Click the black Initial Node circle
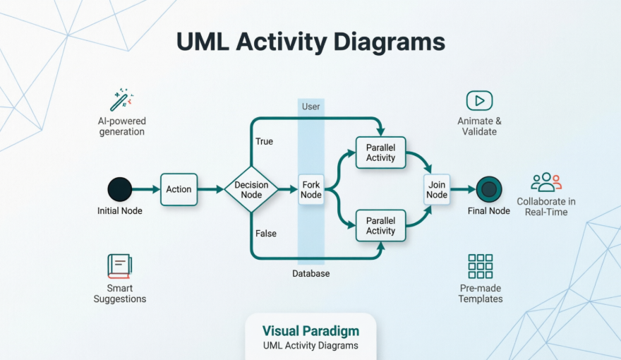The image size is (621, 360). tap(120, 189)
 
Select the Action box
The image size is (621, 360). tap(179, 189)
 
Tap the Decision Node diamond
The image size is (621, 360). tap(251, 189)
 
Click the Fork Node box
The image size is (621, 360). tap(311, 189)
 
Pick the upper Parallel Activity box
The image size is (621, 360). tap(380, 152)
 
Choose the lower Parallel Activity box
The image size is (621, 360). tap(380, 226)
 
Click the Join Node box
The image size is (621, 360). tap(437, 189)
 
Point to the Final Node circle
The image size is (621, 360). tap(488, 189)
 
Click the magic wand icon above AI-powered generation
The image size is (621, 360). tap(121, 99)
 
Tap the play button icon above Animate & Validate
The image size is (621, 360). tap(479, 100)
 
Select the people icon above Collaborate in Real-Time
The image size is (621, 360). tap(545, 182)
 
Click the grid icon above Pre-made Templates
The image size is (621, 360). tap(481, 266)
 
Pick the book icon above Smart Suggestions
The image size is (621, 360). tap(119, 265)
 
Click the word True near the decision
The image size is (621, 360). tap(264, 141)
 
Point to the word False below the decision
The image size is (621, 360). tap(265, 234)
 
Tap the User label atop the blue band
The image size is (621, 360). tap(310, 107)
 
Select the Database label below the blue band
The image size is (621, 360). tap(311, 273)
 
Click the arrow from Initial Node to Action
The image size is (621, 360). tap(146, 189)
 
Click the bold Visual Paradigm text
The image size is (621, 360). tap(310, 331)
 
